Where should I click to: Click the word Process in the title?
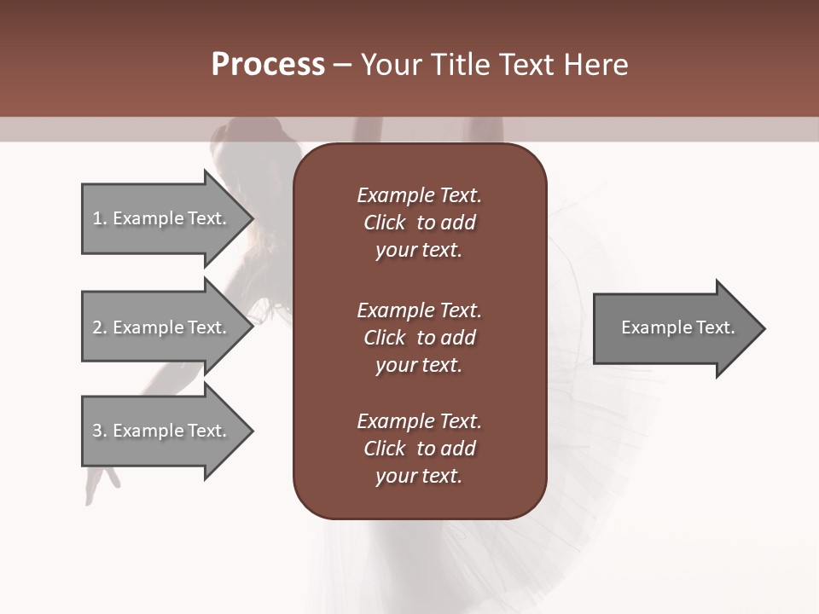[x=267, y=65]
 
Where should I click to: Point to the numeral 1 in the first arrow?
[x=97, y=218]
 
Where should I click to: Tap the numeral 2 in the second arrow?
[x=97, y=327]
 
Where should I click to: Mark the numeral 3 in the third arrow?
[x=97, y=431]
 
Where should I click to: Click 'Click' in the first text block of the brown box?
[x=384, y=223]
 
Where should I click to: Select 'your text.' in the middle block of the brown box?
[x=418, y=365]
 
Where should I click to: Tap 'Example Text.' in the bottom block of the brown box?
[x=419, y=421]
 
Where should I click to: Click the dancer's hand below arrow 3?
[x=100, y=482]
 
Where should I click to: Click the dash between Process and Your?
[x=342, y=65]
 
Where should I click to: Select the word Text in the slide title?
[x=522, y=65]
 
